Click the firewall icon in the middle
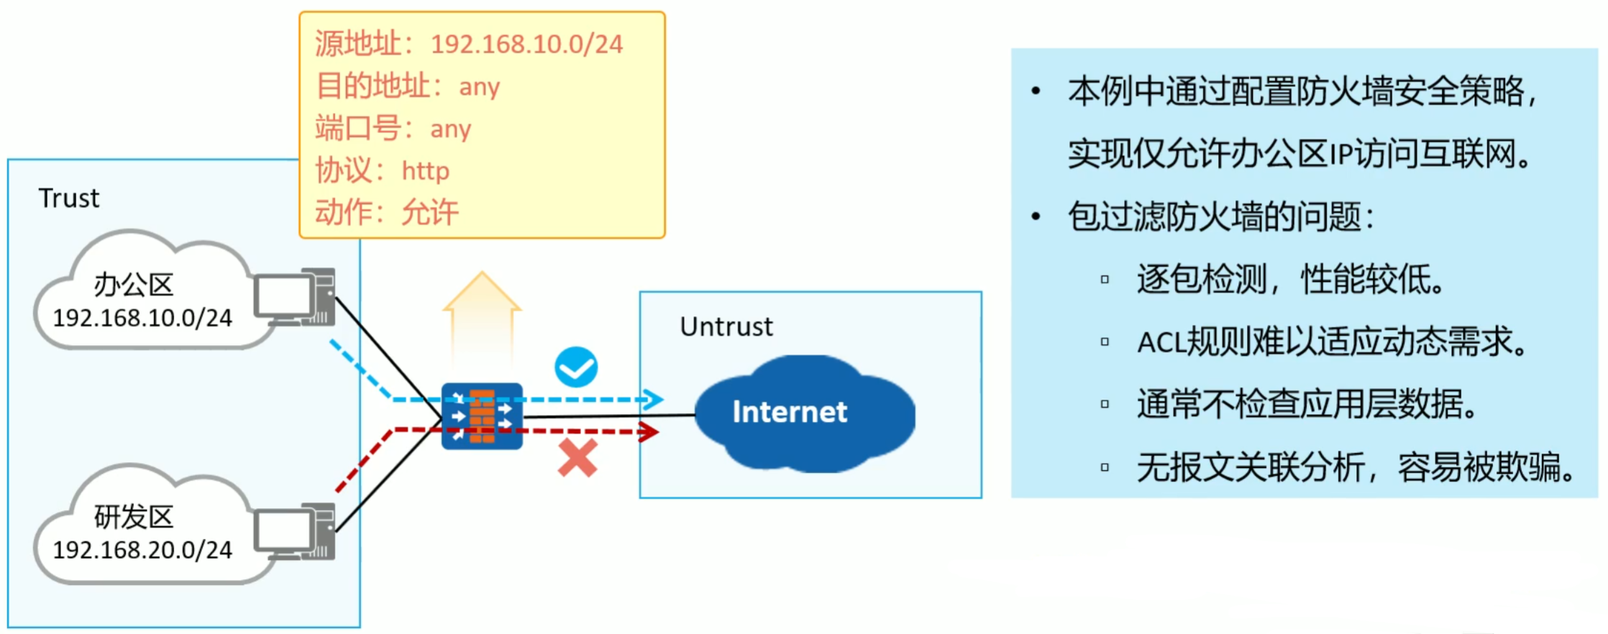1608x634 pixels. [x=482, y=416]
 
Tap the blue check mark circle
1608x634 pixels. [x=576, y=367]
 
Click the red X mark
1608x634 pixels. [x=577, y=458]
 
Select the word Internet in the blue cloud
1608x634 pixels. [x=789, y=412]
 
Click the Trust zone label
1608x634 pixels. [x=69, y=198]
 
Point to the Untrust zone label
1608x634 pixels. [x=726, y=327]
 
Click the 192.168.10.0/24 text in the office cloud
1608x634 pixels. [x=142, y=318]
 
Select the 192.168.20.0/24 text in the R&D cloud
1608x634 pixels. [x=142, y=550]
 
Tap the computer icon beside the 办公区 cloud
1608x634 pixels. [x=296, y=298]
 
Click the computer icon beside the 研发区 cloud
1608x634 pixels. [x=296, y=532]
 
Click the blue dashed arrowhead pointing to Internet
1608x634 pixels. [x=653, y=399]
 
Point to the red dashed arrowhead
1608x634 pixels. [x=649, y=431]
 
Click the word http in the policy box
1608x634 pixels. [x=425, y=171]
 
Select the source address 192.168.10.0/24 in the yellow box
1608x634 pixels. [x=526, y=45]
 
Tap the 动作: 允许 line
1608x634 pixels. [x=387, y=213]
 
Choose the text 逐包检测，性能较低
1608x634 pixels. [x=1291, y=280]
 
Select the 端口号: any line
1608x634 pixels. [x=393, y=129]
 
